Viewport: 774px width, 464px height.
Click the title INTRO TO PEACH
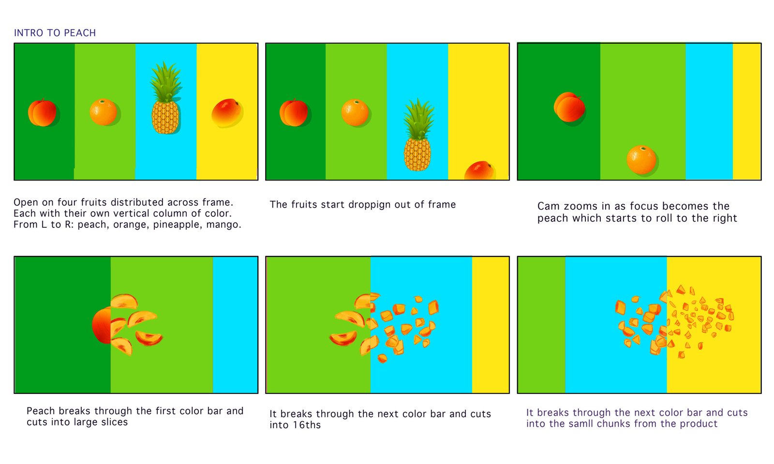[x=55, y=33]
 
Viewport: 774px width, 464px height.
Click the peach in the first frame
[x=42, y=113]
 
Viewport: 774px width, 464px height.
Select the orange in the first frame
[x=104, y=112]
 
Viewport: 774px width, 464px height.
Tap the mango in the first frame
[x=226, y=112]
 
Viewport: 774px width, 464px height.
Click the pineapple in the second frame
[x=418, y=135]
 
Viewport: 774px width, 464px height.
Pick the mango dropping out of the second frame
[x=479, y=170]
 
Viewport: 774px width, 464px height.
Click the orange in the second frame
[x=355, y=112]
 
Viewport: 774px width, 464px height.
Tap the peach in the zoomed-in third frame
[x=569, y=107]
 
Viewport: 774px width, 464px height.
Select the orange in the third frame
[x=641, y=160]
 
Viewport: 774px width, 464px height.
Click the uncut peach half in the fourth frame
[x=102, y=326]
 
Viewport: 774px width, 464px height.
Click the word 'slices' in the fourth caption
[x=114, y=422]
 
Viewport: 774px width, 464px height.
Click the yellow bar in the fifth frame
[x=491, y=325]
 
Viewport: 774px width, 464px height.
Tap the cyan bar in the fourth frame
[x=235, y=325]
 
